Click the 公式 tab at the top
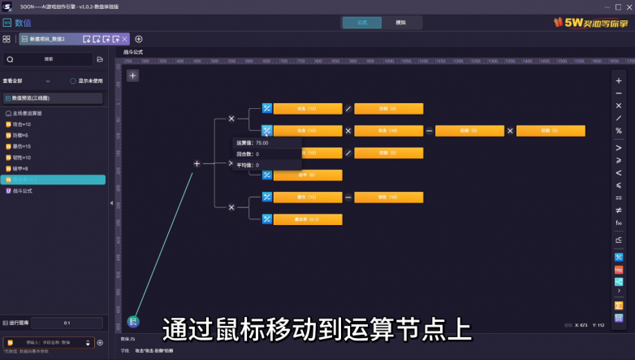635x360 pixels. (361, 23)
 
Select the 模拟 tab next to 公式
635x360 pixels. (400, 23)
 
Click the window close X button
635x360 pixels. (628, 7)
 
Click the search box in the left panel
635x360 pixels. (49, 59)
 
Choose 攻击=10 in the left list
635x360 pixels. (21, 124)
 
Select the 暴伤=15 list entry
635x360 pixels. (21, 146)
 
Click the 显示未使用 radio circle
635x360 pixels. (72, 81)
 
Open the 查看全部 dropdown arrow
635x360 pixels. (48, 81)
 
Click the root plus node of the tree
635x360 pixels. (197, 163)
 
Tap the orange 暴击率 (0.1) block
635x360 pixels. (307, 219)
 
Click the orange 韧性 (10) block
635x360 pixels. (388, 197)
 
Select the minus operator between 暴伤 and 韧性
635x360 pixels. (348, 197)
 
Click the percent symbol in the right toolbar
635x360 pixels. (619, 131)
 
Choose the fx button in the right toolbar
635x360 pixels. (619, 223)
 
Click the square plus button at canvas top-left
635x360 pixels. (132, 76)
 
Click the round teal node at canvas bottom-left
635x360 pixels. (133, 322)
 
